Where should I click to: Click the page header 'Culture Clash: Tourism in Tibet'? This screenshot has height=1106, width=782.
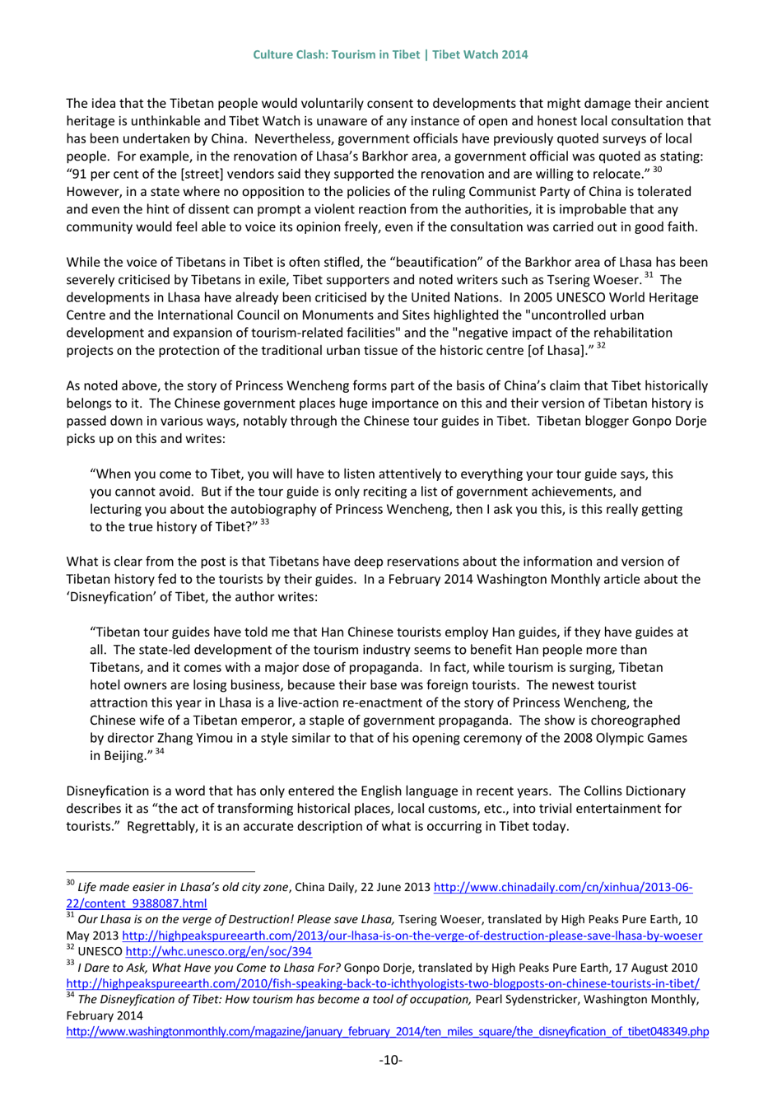[x=336, y=54]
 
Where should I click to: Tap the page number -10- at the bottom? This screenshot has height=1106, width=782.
[x=390, y=1059]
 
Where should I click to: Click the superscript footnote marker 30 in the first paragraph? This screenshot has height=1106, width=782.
[x=657, y=170]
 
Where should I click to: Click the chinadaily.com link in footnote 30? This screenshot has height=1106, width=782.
[x=562, y=887]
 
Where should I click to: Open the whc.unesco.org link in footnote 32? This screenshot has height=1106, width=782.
[x=217, y=951]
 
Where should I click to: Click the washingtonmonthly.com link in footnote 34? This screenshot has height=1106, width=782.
[x=387, y=1031]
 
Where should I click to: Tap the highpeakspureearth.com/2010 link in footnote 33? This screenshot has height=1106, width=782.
[x=383, y=983]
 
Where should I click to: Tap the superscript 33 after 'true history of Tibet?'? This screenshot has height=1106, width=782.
[x=264, y=522]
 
